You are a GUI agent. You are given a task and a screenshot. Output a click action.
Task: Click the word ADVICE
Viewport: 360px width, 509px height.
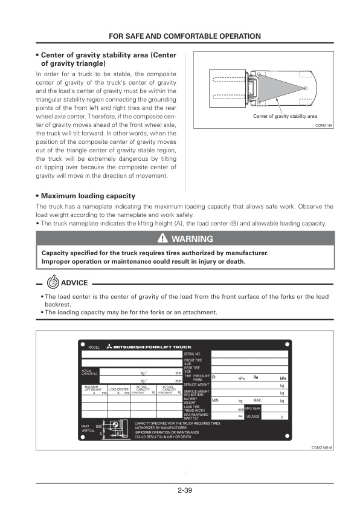[x=74, y=283]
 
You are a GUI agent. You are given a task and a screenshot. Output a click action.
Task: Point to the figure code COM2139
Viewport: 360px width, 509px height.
[x=324, y=125]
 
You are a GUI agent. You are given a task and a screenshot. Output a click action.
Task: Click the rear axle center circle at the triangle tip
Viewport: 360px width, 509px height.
[x=306, y=88]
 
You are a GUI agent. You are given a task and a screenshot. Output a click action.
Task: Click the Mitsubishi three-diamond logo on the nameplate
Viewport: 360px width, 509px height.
[x=109, y=346]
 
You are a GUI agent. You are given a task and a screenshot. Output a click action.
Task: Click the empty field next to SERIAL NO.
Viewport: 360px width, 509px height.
[x=249, y=354]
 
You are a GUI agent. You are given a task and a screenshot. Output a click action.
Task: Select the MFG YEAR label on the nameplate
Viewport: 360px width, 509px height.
[x=253, y=409]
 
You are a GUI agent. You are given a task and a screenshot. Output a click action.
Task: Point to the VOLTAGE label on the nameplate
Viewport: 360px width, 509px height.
[x=253, y=417]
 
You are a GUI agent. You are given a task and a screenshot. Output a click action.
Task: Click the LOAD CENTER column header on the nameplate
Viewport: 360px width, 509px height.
[x=118, y=389]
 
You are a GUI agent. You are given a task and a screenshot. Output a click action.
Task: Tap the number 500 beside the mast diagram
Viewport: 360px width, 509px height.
[x=99, y=426]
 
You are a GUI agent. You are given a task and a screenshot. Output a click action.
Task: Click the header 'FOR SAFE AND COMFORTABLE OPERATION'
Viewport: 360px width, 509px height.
[x=185, y=36]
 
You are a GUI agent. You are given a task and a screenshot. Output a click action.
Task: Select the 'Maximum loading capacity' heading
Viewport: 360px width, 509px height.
[x=88, y=196]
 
